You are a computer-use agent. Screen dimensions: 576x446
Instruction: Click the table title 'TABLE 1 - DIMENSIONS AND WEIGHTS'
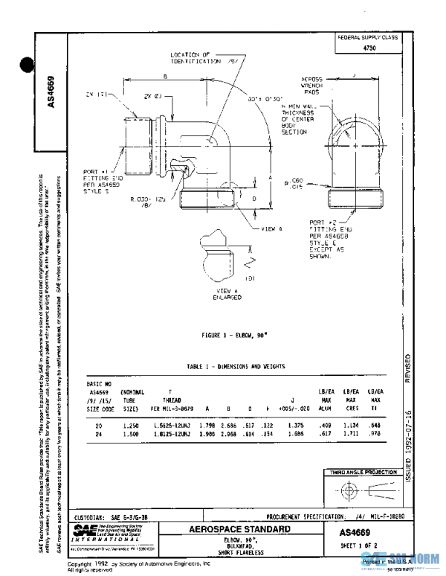coord(236,367)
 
